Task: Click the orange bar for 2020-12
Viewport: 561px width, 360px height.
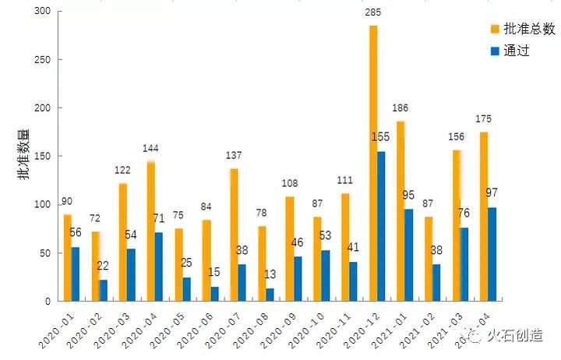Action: [373, 164]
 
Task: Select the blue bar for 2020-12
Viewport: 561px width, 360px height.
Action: [382, 226]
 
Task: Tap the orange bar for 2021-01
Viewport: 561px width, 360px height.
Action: [400, 211]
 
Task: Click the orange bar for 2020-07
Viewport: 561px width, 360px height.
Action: [234, 235]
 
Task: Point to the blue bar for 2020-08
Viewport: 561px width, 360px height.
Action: [270, 295]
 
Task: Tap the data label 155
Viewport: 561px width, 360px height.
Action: [380, 137]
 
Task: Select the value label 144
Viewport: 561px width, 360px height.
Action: [151, 148]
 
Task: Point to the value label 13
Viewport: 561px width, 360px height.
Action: [269, 274]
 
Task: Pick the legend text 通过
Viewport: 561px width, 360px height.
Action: [517, 51]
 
